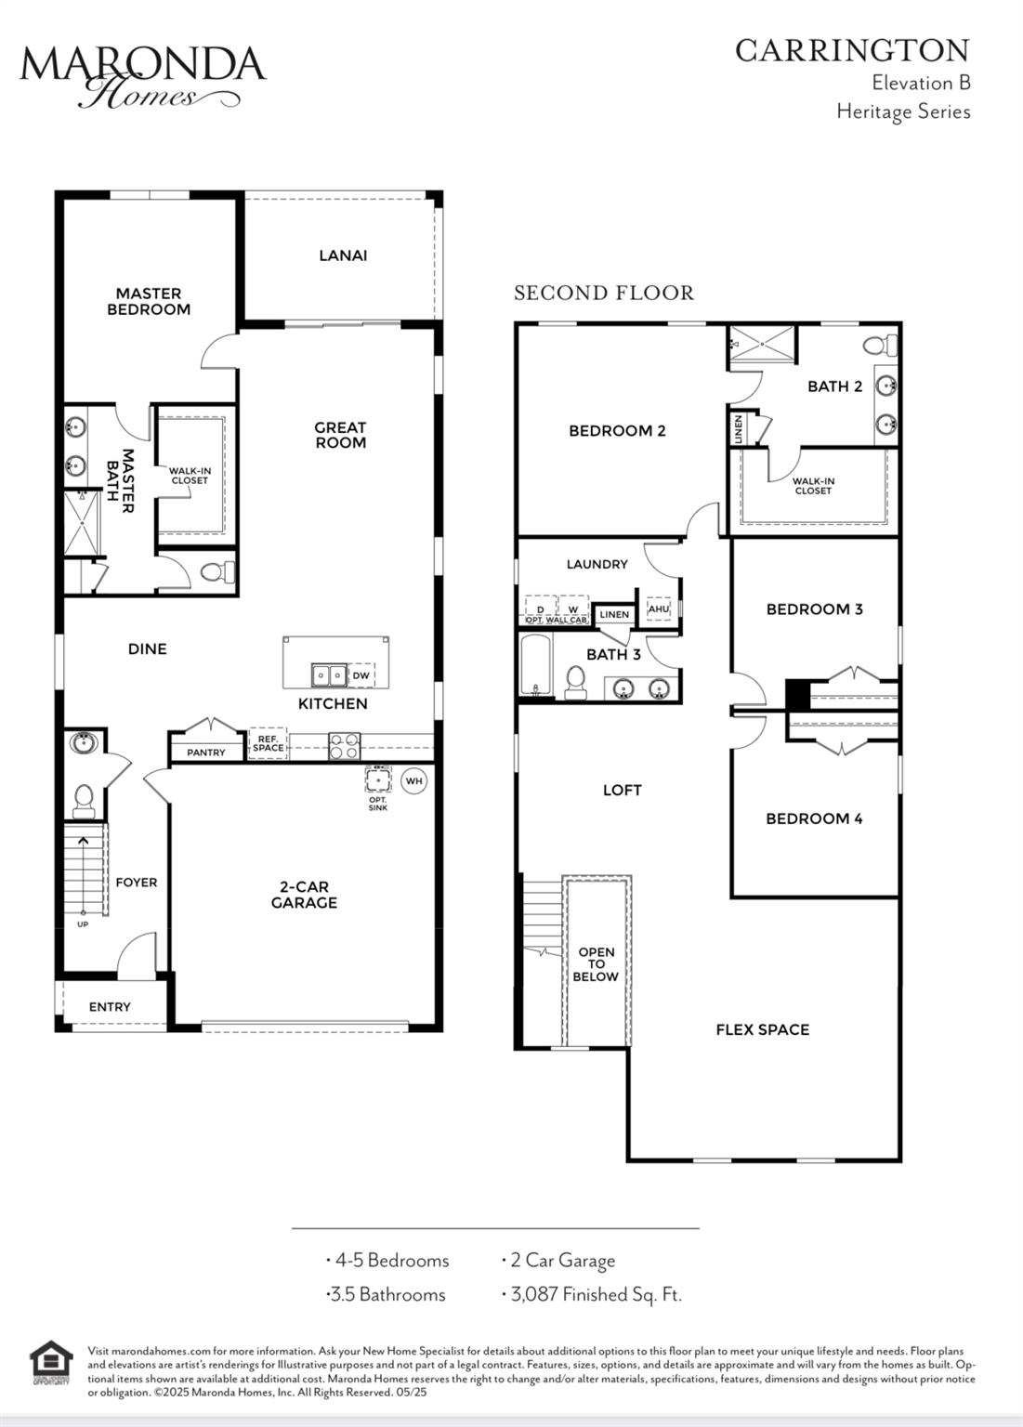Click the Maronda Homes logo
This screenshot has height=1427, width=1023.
[x=143, y=76]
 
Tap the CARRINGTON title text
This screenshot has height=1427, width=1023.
[x=852, y=51]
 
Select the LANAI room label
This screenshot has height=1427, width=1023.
[x=343, y=255]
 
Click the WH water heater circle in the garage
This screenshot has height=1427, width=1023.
[x=414, y=781]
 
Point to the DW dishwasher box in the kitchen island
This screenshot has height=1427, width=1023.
[x=361, y=675]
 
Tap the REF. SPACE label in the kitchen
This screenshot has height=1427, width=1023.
[x=269, y=743]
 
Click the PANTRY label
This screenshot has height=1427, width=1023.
[x=205, y=753]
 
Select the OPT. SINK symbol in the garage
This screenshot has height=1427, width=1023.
[x=378, y=779]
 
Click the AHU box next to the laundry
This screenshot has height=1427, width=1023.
[x=658, y=609]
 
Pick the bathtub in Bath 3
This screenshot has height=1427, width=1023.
[x=535, y=666]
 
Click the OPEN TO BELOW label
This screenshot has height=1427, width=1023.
[x=597, y=963]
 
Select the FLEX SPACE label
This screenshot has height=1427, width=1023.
[x=763, y=1029]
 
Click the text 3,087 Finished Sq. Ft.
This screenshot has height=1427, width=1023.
[x=597, y=1294]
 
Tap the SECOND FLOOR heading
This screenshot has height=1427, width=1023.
[x=604, y=293]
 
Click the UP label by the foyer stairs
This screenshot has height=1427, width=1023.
[x=83, y=924]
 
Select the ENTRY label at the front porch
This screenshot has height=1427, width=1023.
[x=110, y=1006]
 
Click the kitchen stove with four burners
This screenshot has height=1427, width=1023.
[x=344, y=746]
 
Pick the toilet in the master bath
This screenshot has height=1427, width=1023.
[x=217, y=571]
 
